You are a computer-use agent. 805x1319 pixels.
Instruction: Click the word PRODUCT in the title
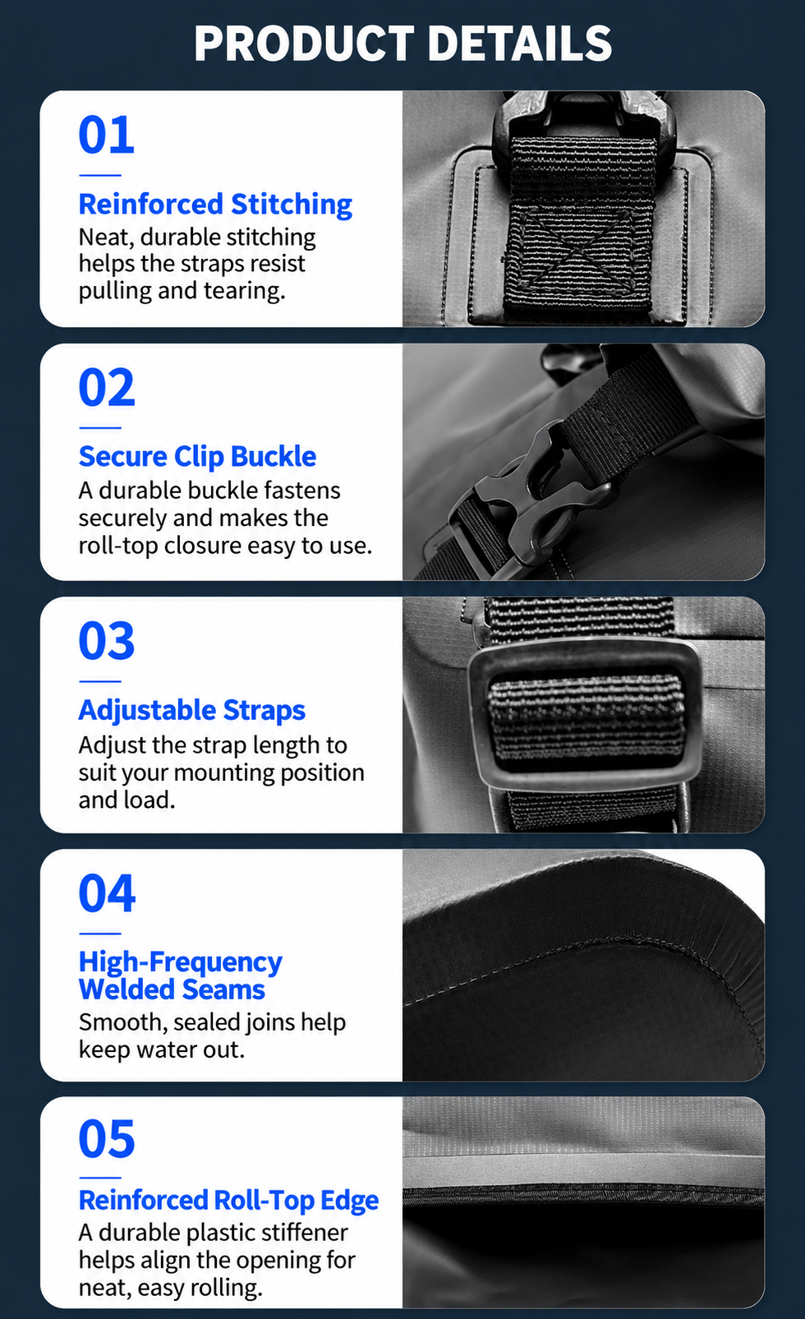[304, 43]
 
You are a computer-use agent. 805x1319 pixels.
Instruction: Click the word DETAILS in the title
[520, 43]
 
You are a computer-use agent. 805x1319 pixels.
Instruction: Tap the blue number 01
[107, 134]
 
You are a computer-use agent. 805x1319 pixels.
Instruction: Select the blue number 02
[107, 387]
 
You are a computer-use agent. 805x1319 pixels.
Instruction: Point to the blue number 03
[107, 640]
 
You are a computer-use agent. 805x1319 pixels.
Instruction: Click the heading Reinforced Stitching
[215, 205]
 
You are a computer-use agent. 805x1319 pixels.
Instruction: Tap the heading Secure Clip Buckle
[197, 457]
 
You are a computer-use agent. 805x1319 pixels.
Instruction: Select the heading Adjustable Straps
[192, 710]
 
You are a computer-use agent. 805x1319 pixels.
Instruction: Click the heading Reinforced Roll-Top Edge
[228, 1200]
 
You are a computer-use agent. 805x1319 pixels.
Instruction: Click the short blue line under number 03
[100, 681]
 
